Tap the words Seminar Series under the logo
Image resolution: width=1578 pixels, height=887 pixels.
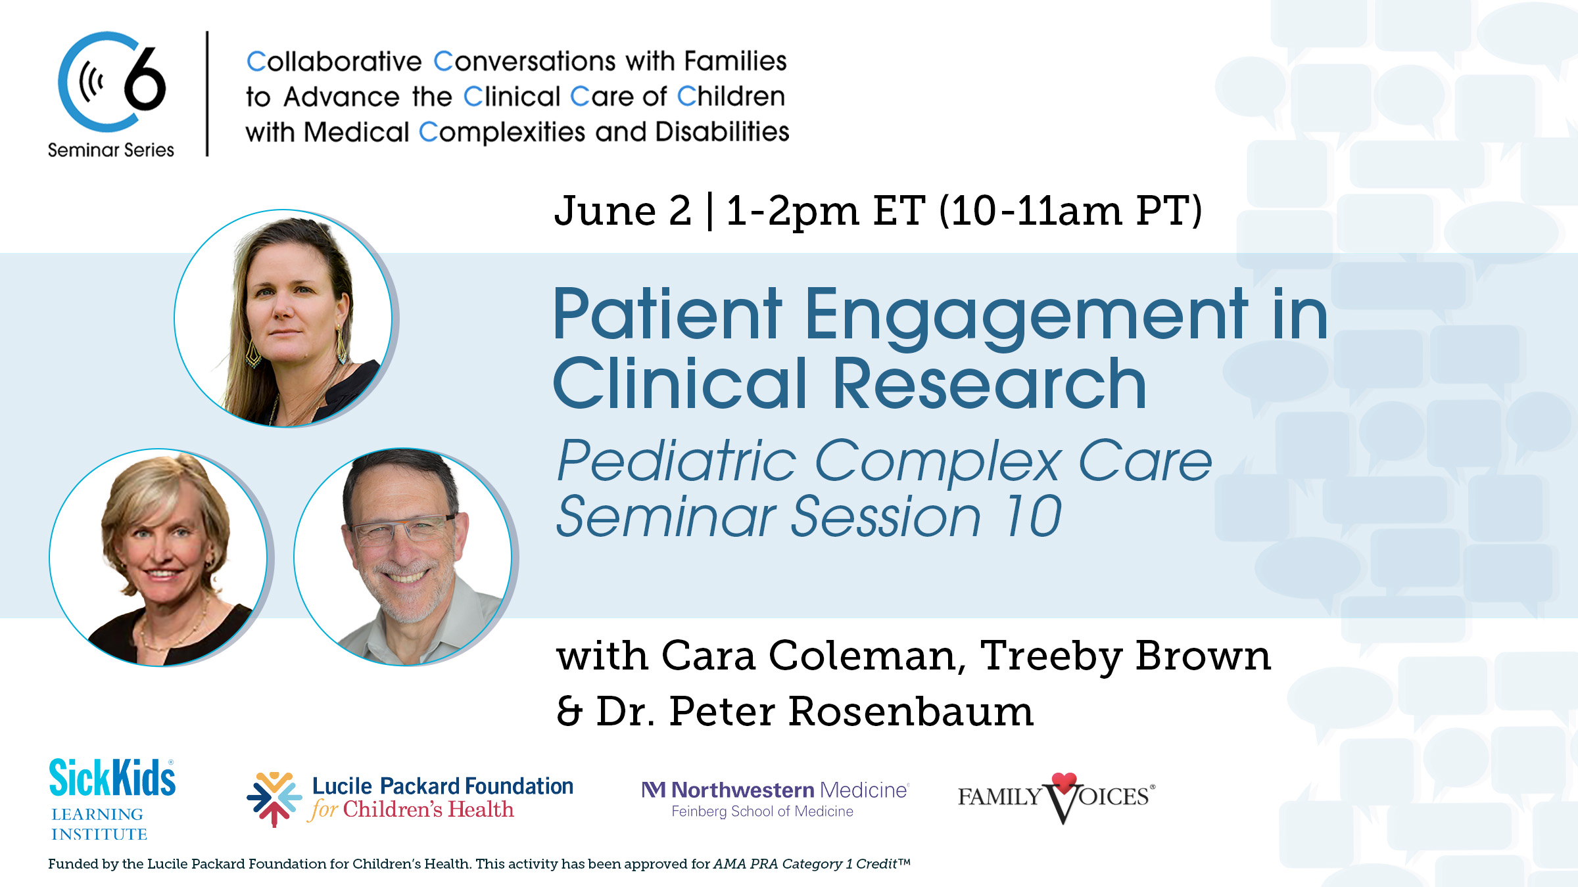[x=111, y=150]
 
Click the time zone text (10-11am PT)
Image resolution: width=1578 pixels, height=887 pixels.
[x=1070, y=211]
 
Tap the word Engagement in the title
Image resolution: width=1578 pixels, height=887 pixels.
[x=1026, y=315]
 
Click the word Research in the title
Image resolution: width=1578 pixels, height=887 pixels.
[x=990, y=384]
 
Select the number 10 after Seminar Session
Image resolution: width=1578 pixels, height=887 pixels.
[x=1032, y=516]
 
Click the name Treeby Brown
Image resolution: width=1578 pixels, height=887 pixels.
[x=1124, y=656]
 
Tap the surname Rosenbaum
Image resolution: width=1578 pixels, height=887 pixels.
[x=911, y=712]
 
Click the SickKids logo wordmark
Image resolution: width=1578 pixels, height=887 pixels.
[x=112, y=779]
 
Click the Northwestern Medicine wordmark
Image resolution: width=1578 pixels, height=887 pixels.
[x=776, y=790]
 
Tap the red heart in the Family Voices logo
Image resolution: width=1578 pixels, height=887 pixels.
[x=1064, y=782]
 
